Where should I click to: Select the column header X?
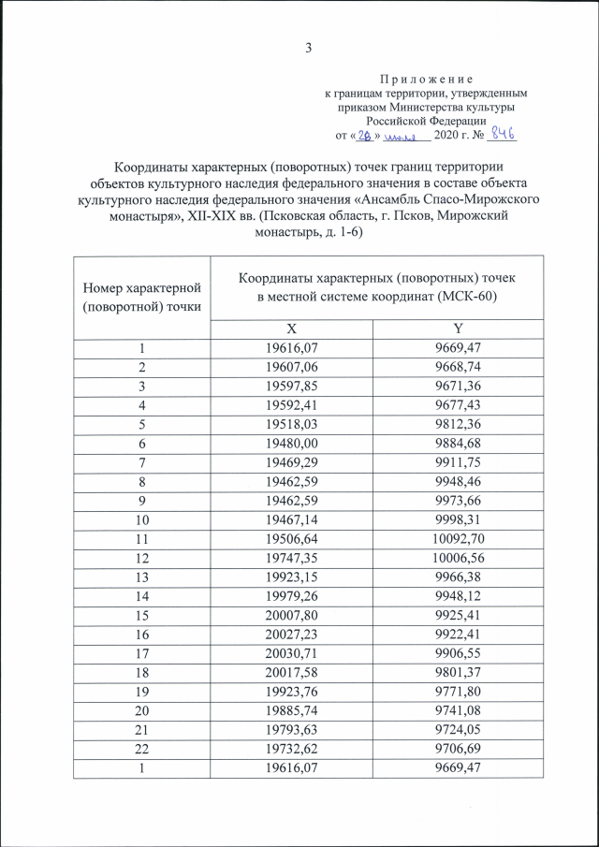point(292,329)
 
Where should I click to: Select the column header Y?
point(459,329)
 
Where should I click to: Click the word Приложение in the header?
point(426,79)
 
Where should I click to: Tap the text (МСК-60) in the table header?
point(464,297)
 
